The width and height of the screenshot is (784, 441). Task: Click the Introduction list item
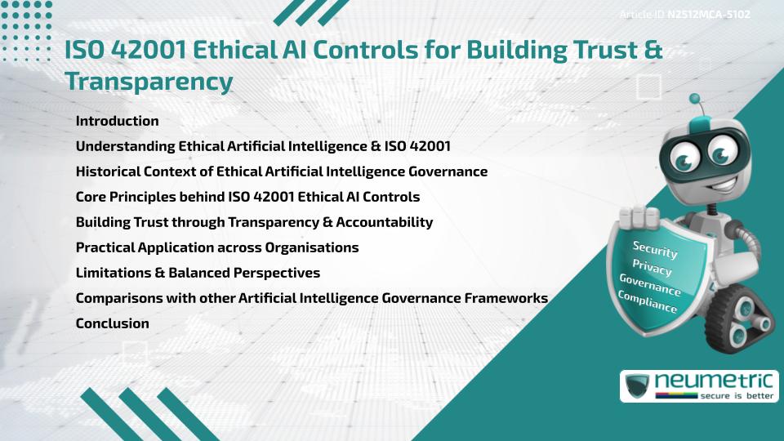117,121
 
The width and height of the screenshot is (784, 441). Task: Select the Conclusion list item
112,323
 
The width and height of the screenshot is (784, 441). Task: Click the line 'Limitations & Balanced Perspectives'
198,273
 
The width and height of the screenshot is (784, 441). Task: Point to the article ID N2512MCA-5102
708,15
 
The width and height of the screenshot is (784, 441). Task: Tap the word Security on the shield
655,249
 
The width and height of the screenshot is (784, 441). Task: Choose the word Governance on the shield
650,285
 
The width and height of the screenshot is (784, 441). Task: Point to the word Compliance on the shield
648,302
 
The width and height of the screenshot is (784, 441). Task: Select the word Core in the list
91,197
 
